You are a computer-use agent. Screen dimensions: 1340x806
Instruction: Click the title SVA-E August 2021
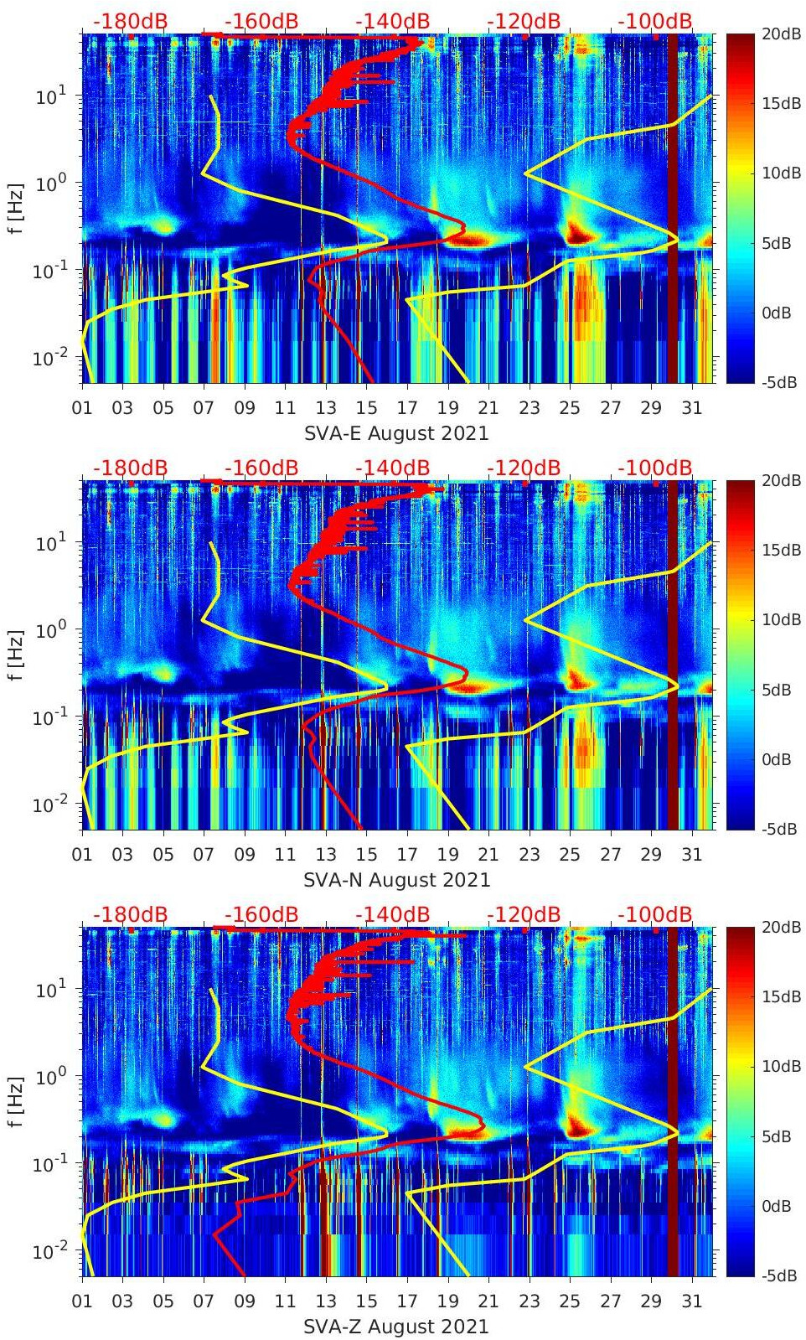tap(396, 433)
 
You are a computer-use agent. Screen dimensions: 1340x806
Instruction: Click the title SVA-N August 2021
tap(396, 880)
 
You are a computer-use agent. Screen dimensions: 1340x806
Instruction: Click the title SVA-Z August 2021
tap(396, 1327)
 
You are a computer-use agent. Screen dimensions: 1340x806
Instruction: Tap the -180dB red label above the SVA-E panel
tap(130, 21)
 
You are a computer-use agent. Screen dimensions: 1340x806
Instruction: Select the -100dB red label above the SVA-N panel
tap(655, 468)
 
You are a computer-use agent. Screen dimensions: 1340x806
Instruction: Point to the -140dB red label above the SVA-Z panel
tap(392, 914)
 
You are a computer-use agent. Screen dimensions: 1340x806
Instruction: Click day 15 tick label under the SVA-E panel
tap(366, 408)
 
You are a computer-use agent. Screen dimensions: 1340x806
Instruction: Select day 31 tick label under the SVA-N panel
tap(691, 855)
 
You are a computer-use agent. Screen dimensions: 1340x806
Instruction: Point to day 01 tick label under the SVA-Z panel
tap(82, 1301)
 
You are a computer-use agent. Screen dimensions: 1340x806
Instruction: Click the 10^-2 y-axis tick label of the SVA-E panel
tap(49, 358)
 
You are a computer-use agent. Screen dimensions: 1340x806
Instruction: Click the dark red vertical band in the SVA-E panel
tap(672, 210)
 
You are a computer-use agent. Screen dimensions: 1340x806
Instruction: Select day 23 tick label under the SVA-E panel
tap(529, 408)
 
